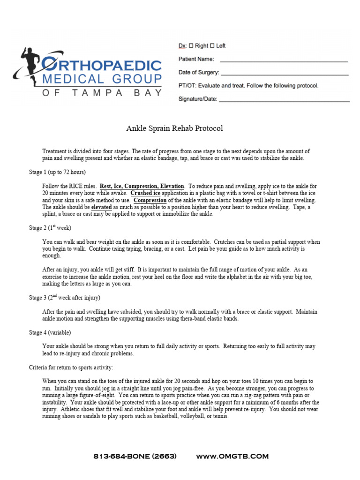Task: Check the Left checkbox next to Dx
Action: click(x=212, y=46)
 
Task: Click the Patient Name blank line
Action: click(x=284, y=61)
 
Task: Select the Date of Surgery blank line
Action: click(x=284, y=75)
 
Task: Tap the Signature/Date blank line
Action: click(x=284, y=101)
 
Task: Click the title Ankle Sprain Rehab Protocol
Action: click(x=174, y=128)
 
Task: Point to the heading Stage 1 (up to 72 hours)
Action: click(x=57, y=172)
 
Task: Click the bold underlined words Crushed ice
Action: click(x=145, y=193)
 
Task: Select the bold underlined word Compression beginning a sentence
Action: click(x=150, y=200)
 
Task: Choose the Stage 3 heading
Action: click(x=64, y=298)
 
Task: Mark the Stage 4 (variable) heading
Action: click(x=50, y=332)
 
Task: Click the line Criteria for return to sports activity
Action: click(x=71, y=367)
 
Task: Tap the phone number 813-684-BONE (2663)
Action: click(x=135, y=456)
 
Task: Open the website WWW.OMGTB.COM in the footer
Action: click(x=232, y=456)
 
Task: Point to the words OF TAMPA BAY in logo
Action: click(x=102, y=92)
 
